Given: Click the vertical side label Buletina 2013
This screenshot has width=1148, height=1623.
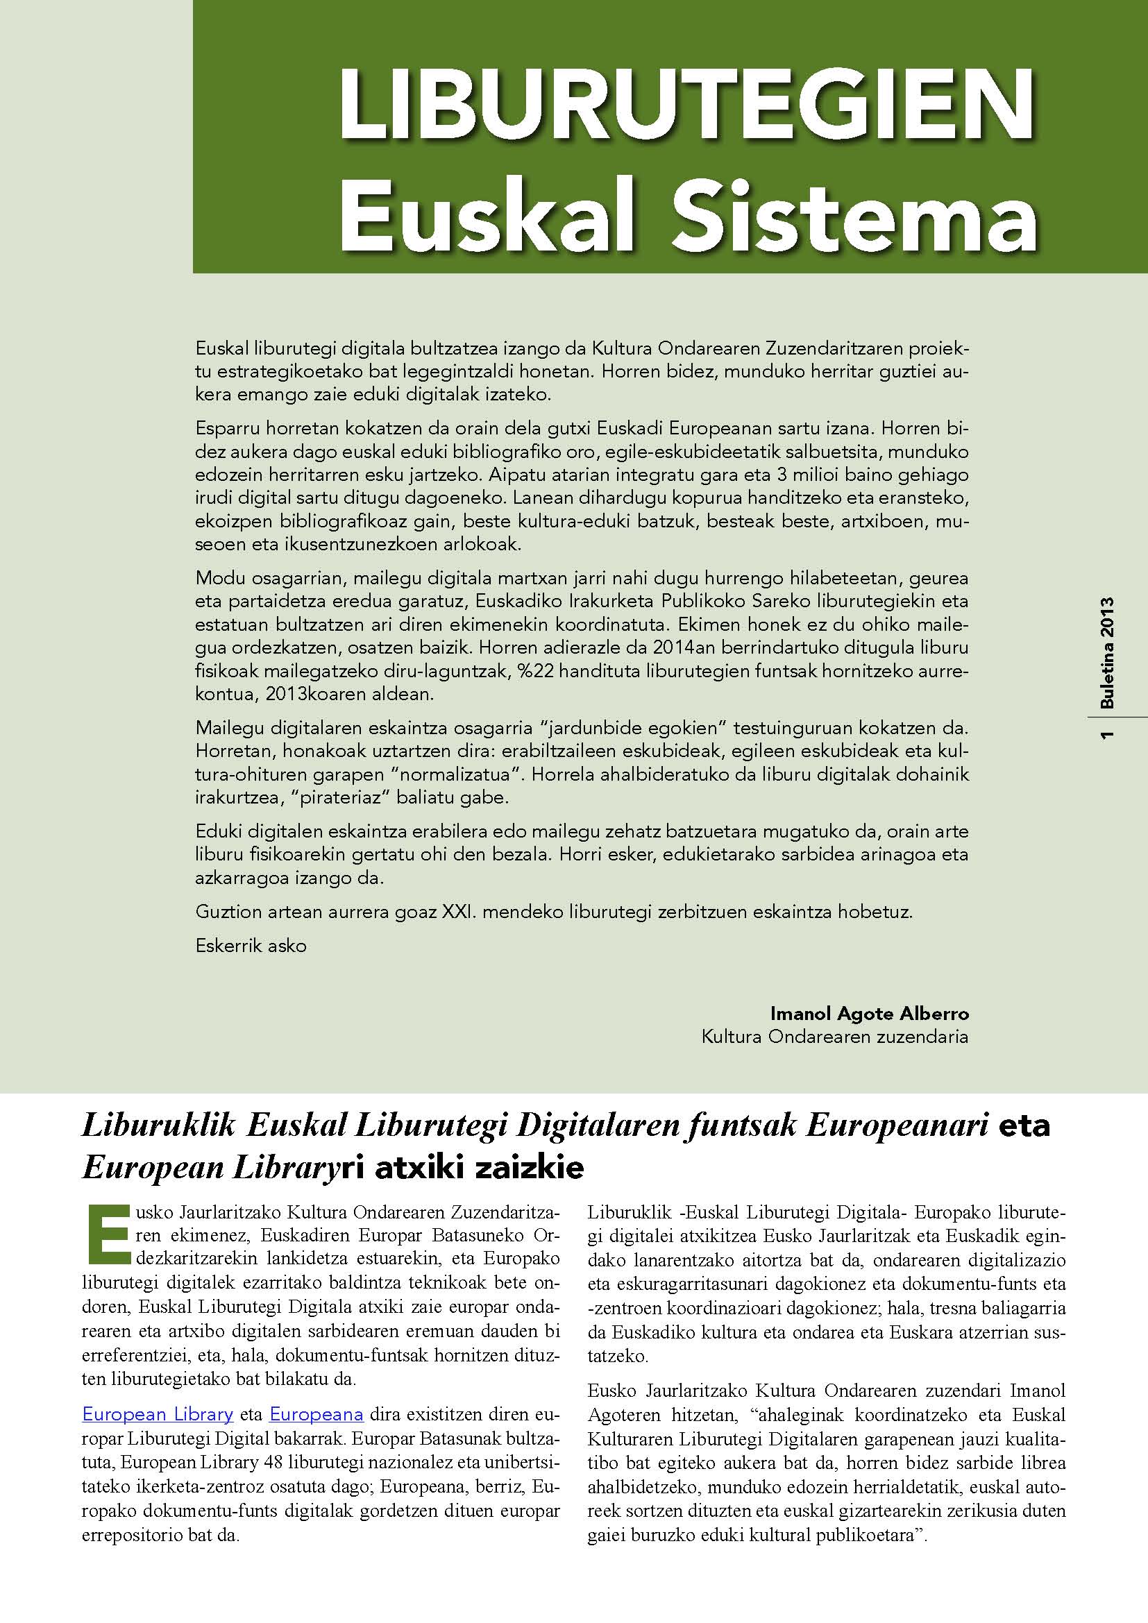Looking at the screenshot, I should (x=1107, y=653).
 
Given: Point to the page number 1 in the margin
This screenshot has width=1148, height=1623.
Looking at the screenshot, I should (x=1107, y=736).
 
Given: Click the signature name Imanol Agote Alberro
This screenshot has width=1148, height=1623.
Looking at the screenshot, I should (x=870, y=1014).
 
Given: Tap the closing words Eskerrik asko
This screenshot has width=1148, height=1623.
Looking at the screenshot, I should (x=251, y=946).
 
